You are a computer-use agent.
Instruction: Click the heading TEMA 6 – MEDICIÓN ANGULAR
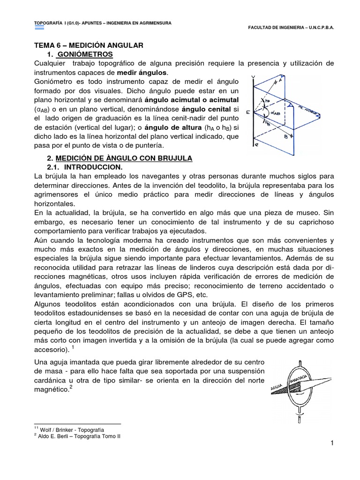[89, 45]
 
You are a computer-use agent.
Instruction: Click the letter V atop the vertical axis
[254, 77]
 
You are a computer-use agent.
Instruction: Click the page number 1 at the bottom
[330, 444]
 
